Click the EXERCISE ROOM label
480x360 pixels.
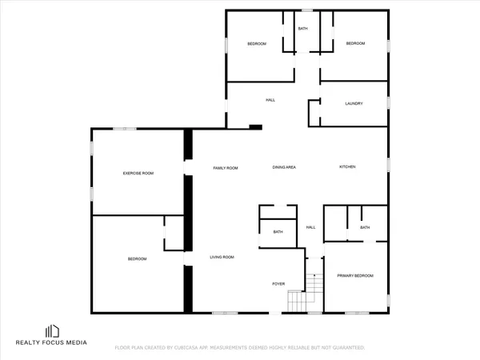138,173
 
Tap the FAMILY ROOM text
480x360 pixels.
226,168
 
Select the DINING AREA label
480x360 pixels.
284,167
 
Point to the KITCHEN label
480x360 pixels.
347,166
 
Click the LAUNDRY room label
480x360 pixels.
354,104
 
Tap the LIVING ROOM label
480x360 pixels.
222,257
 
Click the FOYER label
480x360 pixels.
278,283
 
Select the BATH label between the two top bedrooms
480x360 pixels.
303,29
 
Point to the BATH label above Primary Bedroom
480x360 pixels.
365,227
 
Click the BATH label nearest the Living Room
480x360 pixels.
278,232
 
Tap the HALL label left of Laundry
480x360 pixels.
270,100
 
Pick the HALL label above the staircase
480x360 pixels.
311,227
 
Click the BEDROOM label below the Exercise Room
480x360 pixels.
138,258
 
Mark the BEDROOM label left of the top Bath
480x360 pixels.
257,43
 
